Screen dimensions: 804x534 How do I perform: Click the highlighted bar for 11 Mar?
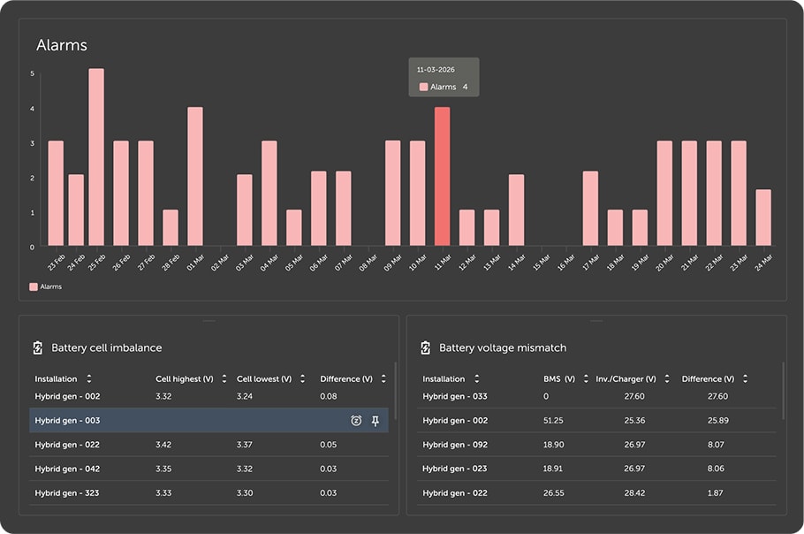(x=442, y=177)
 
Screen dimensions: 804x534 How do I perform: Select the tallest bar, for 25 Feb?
(x=96, y=157)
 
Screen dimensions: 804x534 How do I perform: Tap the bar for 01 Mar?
(x=195, y=177)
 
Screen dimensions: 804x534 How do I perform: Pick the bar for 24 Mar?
(x=763, y=217)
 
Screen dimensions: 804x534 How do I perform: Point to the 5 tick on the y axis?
(x=33, y=73)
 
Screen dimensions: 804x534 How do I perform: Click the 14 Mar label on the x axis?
(x=516, y=263)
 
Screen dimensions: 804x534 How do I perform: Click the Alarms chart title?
(x=62, y=45)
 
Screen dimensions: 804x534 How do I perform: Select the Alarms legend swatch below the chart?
(x=34, y=286)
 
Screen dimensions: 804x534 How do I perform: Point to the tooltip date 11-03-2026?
(x=436, y=69)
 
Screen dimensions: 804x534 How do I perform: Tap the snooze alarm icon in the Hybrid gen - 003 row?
(x=356, y=421)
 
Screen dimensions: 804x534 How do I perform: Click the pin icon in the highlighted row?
(x=375, y=421)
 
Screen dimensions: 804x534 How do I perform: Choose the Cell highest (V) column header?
(x=185, y=379)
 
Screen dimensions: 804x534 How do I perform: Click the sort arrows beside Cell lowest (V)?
(x=302, y=378)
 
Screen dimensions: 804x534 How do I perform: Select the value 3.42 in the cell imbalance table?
(x=163, y=444)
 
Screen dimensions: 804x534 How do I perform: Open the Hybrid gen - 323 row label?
(x=67, y=493)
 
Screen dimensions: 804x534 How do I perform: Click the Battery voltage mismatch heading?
(x=503, y=347)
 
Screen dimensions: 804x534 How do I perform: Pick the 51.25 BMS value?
(x=553, y=420)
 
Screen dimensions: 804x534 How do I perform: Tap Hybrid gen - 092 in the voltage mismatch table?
(x=455, y=444)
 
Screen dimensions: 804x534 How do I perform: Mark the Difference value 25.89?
(x=717, y=420)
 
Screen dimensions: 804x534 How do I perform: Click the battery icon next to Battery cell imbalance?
(x=38, y=347)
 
